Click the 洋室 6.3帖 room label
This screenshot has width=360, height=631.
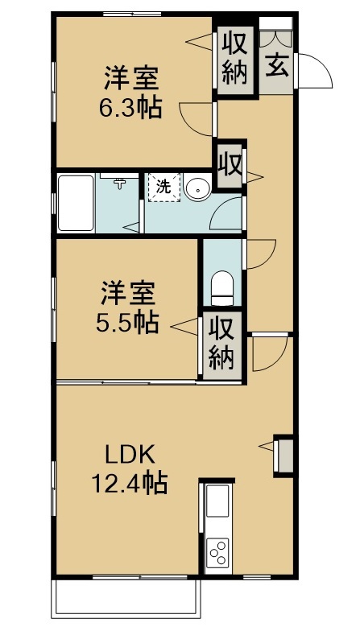coord(130,93)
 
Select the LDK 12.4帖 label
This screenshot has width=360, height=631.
coord(130,470)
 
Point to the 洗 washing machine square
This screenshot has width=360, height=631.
coord(164,187)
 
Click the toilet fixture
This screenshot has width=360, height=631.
coord(222,288)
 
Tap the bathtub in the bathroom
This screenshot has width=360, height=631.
coord(76,203)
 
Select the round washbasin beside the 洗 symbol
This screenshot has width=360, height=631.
coord(198,188)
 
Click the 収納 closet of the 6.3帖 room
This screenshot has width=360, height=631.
coord(235,61)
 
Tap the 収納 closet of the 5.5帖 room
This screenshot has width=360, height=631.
coord(222,345)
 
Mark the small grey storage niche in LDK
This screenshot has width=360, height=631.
coord(283,456)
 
